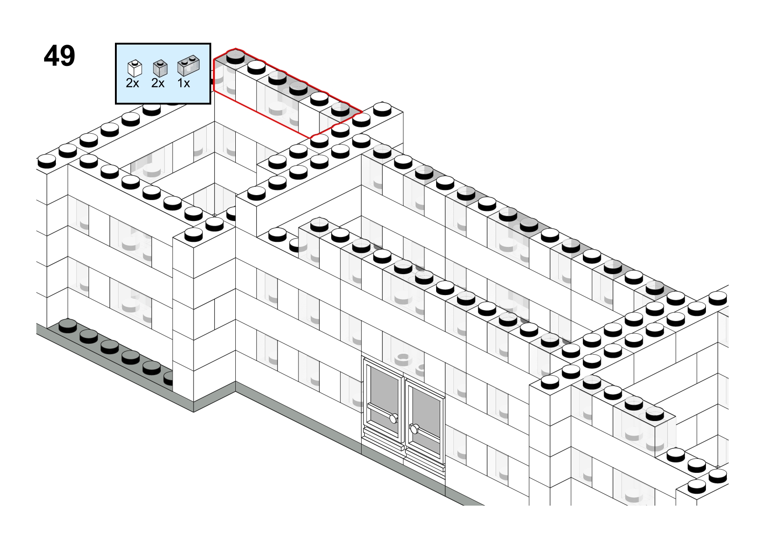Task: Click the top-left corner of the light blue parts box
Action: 116,43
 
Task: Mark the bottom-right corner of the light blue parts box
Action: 210,103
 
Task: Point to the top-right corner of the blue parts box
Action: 210,43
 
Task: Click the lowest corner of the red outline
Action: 311,138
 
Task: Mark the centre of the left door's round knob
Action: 394,418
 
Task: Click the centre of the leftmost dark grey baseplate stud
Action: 68,326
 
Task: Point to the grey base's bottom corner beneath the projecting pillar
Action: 194,412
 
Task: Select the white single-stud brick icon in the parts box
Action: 134,68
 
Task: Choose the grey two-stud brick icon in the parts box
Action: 189,65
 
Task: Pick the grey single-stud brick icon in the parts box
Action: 160,68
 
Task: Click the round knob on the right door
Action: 414,428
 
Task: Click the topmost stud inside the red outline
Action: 236,57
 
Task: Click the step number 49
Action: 60,56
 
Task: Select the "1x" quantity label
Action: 184,83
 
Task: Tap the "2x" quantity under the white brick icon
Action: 133,83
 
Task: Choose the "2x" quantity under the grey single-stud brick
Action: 158,83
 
